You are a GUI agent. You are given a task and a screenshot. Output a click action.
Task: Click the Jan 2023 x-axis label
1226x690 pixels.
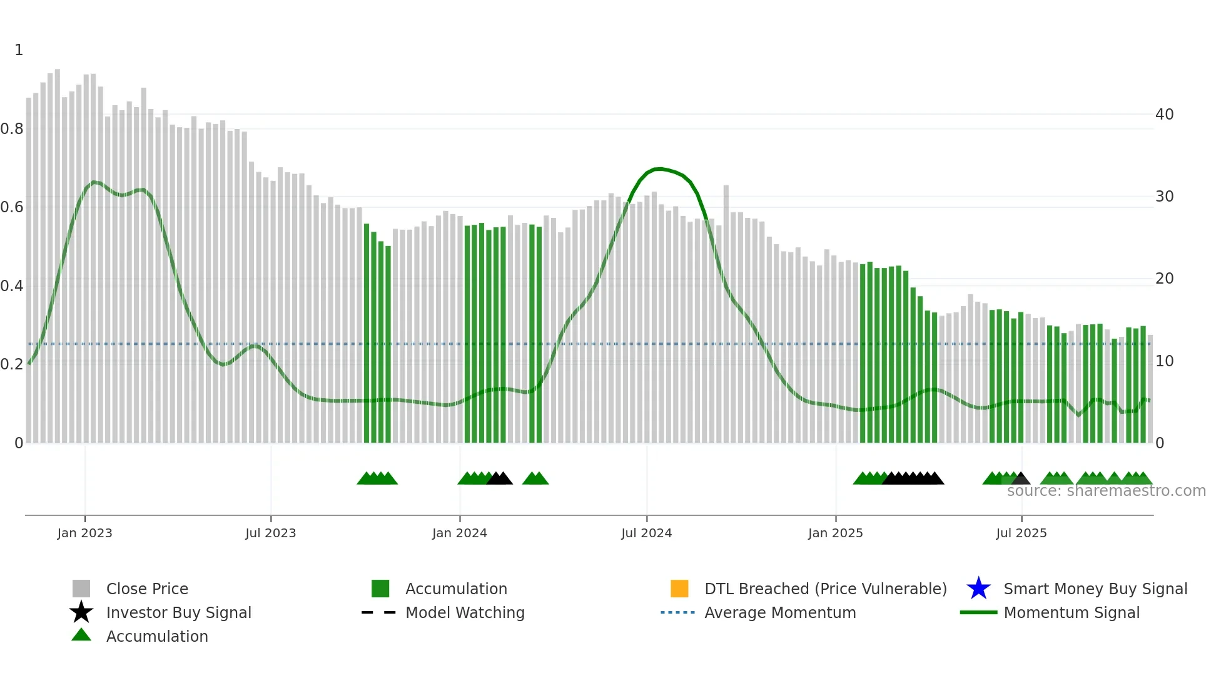point(84,533)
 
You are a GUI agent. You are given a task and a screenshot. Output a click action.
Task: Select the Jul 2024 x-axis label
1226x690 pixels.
point(646,533)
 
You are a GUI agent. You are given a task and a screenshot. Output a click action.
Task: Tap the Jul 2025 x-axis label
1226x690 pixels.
point(1021,533)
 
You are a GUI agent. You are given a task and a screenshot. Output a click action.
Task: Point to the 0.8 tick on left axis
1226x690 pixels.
point(12,129)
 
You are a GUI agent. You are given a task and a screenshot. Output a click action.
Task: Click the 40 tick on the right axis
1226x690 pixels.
point(1164,115)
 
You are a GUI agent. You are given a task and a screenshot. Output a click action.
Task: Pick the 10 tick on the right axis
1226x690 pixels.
point(1164,361)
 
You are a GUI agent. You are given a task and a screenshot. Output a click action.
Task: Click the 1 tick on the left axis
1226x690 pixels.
point(19,50)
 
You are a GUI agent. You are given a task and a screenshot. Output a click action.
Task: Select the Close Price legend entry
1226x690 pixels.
point(147,589)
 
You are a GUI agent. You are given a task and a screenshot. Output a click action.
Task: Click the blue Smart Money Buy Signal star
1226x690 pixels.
point(978,589)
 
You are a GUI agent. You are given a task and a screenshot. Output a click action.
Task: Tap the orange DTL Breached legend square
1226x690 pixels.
point(679,589)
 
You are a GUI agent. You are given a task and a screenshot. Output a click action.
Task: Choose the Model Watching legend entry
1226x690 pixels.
point(465,612)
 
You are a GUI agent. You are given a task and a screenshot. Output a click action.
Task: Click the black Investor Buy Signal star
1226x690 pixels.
point(81,612)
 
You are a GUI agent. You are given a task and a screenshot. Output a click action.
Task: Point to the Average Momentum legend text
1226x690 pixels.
point(780,612)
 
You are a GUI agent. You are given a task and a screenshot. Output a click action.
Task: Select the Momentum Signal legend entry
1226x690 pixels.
point(1071,612)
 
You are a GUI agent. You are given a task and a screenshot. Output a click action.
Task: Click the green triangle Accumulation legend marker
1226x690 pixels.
point(81,635)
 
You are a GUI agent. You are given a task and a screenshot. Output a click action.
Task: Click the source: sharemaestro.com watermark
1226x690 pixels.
point(1106,491)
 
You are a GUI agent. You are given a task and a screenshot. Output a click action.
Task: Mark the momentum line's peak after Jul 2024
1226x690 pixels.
point(657,168)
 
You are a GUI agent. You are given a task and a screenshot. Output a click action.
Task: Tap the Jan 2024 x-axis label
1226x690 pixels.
point(459,533)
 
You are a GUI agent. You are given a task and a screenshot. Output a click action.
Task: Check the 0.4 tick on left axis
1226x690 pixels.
point(12,286)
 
